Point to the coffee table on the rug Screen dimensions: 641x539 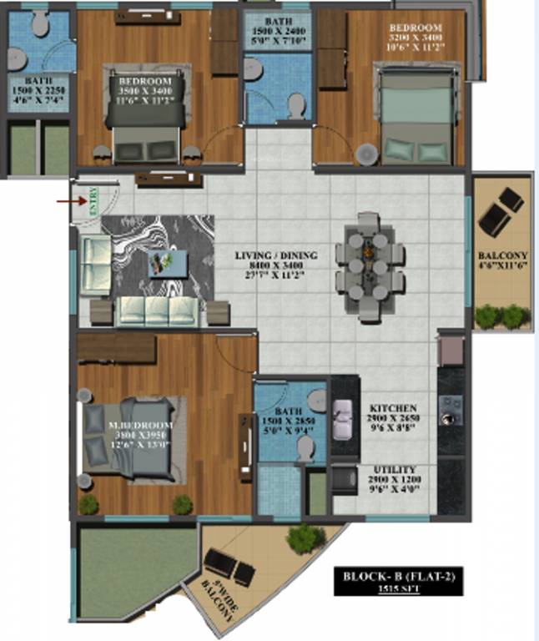pyautogui.click(x=162, y=264)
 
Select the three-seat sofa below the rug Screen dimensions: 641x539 pyautogui.click(x=158, y=310)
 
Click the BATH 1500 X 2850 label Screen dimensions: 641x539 pyautogui.click(x=288, y=421)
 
